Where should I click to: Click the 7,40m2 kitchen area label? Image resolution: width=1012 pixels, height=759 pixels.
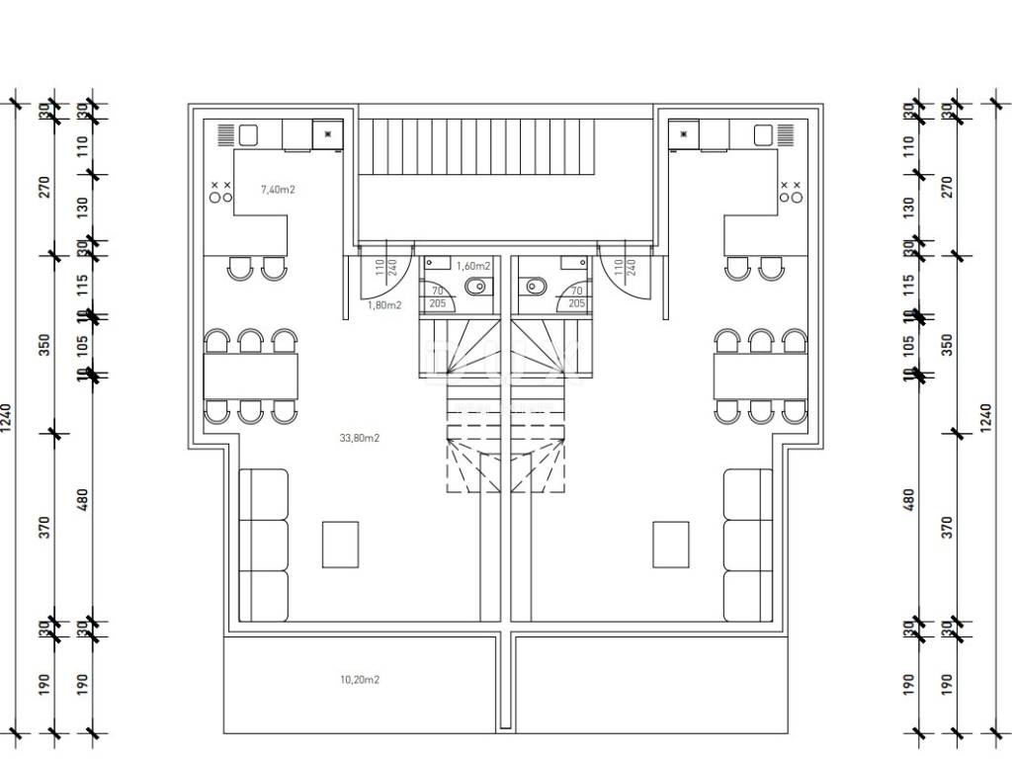click(x=278, y=189)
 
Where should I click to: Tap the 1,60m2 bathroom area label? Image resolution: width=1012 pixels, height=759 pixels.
click(x=473, y=266)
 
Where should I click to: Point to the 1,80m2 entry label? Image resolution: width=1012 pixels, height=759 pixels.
click(x=384, y=305)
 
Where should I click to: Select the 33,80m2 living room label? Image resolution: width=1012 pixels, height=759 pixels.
click(x=360, y=437)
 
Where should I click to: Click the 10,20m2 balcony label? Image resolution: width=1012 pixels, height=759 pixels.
click(x=360, y=680)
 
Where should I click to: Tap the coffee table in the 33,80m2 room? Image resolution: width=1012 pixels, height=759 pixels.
click(x=341, y=544)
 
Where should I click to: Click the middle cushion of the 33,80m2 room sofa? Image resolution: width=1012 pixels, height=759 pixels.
click(x=264, y=546)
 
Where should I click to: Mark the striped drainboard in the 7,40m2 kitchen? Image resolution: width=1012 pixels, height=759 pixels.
click(x=224, y=134)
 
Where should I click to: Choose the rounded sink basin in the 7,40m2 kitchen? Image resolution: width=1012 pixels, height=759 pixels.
click(x=248, y=134)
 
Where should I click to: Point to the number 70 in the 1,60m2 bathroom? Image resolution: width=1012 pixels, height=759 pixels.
click(x=437, y=291)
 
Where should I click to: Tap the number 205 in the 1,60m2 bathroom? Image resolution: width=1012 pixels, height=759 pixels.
click(x=437, y=303)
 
